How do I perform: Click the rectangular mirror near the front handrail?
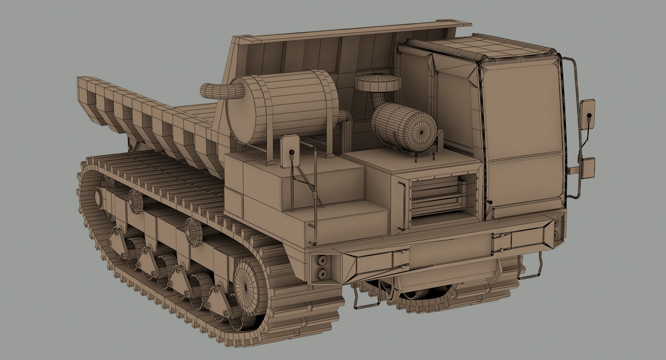click(290, 151)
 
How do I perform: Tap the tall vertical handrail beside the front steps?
click(315, 194)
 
